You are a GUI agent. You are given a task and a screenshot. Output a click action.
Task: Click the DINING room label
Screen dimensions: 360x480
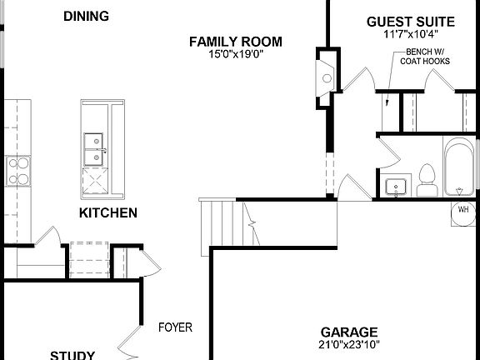(87, 16)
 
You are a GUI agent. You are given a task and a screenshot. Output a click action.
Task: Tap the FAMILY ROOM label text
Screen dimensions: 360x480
(235, 42)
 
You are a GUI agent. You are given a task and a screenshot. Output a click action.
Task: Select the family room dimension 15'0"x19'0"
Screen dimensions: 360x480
(235, 55)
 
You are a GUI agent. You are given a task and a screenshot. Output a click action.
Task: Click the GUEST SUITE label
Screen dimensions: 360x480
(411, 22)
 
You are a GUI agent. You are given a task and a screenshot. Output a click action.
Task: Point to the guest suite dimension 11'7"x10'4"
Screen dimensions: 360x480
(411, 35)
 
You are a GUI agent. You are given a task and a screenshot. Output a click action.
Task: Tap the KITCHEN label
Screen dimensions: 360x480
(108, 213)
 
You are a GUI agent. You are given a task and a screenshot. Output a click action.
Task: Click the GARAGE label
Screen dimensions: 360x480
(349, 331)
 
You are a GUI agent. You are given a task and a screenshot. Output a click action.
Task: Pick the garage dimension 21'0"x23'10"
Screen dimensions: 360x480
(349, 343)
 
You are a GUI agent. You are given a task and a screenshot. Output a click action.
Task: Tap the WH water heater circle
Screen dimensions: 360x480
(462, 212)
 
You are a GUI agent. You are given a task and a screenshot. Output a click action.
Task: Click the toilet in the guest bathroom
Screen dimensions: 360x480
(427, 179)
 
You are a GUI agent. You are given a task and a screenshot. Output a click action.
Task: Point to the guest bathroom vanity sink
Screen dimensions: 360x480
(395, 185)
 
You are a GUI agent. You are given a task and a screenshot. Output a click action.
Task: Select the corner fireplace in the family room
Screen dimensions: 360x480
(325, 72)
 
